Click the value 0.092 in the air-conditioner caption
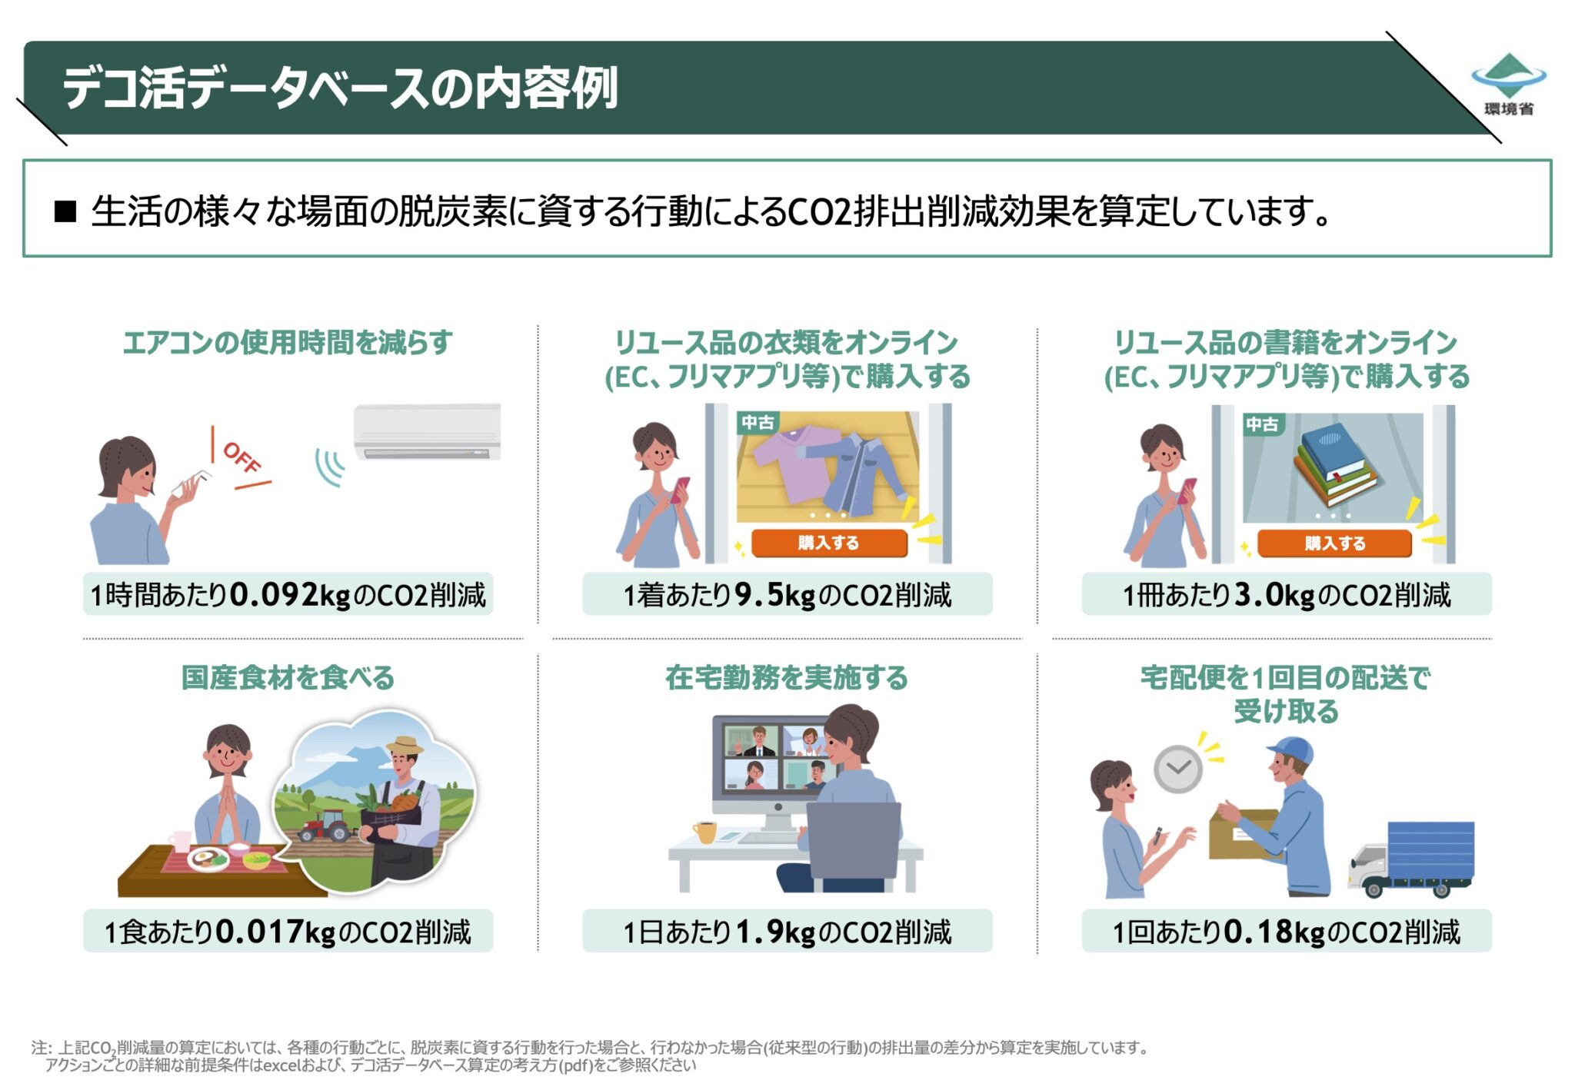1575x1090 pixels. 274,595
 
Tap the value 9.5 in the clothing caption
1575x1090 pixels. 758,595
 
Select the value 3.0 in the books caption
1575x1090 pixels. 1259,595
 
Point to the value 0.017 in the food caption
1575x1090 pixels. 259,932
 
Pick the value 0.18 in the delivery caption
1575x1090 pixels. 1258,932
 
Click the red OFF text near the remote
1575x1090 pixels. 241,458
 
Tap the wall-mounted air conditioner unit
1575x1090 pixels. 427,432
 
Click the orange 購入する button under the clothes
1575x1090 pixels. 828,543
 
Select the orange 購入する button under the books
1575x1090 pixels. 1334,543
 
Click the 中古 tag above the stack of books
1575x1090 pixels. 1262,424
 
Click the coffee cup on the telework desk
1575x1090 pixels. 704,832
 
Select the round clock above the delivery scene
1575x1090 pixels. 1177,769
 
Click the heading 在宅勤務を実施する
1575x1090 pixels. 786,678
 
